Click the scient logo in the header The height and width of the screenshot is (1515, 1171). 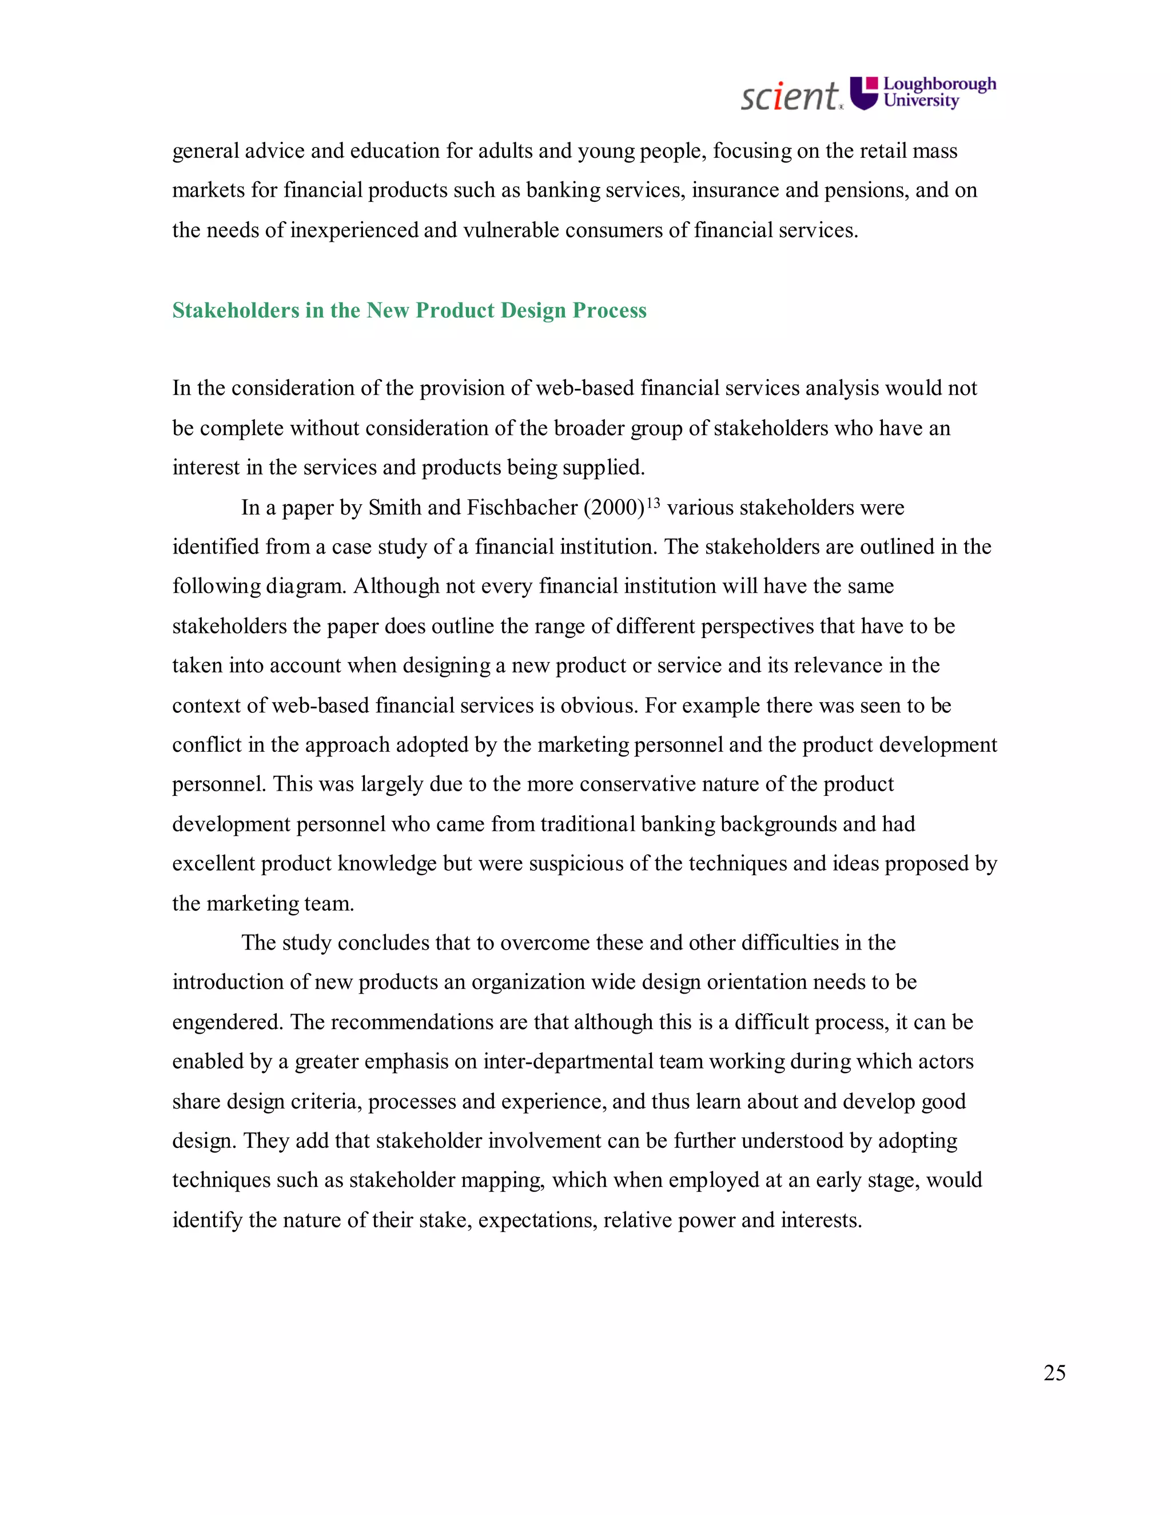click(790, 97)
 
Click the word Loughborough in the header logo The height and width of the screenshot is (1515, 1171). click(939, 84)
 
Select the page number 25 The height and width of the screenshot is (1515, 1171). click(1054, 1373)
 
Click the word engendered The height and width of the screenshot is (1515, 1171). click(228, 1023)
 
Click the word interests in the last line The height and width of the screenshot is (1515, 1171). click(820, 1220)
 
